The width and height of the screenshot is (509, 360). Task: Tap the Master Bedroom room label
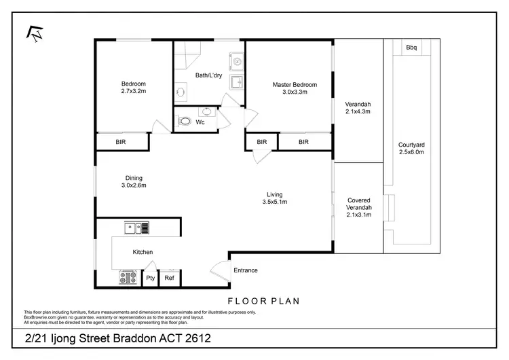[x=295, y=85]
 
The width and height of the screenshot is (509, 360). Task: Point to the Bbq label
[x=411, y=48]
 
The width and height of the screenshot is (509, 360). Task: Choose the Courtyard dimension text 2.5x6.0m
[x=411, y=153]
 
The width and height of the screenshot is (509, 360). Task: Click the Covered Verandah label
[x=358, y=204]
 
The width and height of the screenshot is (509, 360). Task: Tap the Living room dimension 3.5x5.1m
[x=274, y=202]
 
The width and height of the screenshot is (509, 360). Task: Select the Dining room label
[x=134, y=178]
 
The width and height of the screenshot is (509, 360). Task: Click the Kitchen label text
[x=143, y=252]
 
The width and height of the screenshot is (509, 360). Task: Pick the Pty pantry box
[x=151, y=278]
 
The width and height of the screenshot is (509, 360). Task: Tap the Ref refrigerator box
[x=170, y=278]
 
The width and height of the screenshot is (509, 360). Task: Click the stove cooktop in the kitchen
[x=128, y=277]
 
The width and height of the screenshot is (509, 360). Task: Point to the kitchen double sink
[x=136, y=228]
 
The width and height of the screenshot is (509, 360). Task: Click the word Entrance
[x=246, y=270]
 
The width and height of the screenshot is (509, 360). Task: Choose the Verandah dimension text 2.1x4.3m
[x=358, y=112]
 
